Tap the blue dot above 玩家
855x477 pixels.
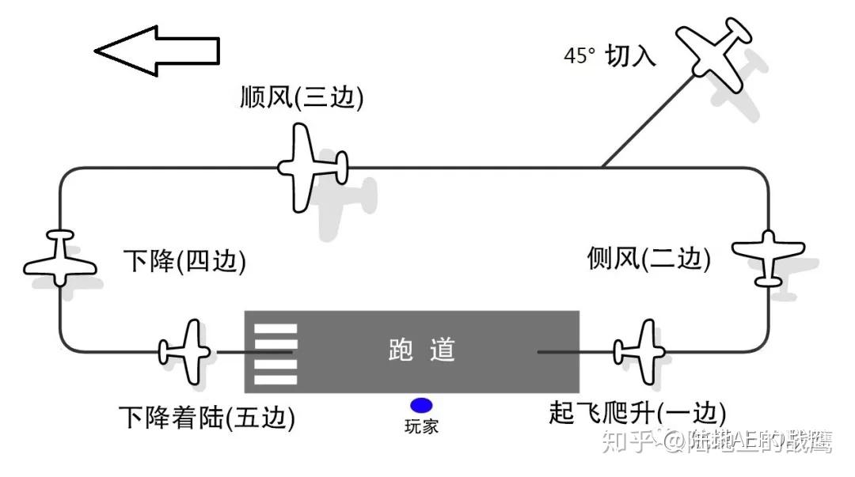421,406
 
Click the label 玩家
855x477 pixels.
421,426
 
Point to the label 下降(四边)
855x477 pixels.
184,261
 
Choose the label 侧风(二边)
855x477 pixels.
648,258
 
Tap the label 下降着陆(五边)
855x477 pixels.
207,417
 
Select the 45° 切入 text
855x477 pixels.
610,56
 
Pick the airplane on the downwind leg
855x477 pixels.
309,167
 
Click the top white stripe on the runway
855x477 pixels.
275,328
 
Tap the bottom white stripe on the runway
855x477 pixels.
275,380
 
